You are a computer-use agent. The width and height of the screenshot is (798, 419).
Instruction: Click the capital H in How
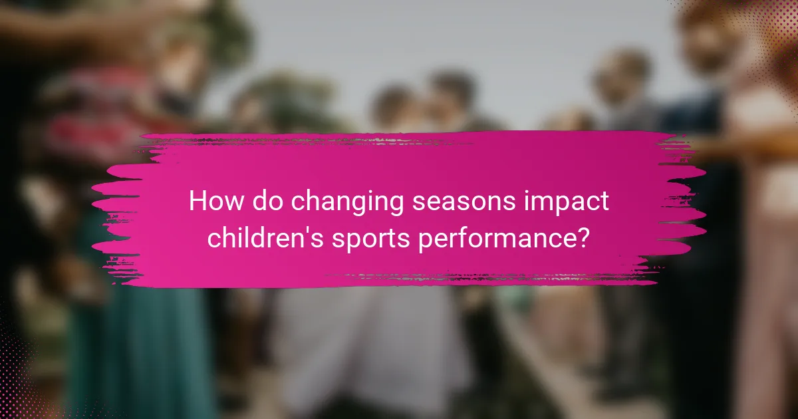[197, 201]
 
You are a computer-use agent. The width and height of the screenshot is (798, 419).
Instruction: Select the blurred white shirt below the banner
[372, 346]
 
